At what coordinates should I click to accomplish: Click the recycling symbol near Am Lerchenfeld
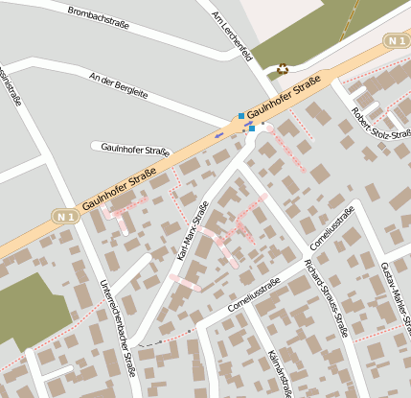pos(283,68)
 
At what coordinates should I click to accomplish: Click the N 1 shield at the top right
pos(397,40)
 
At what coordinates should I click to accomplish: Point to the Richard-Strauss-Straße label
pos(325,297)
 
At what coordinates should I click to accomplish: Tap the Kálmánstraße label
pos(280,369)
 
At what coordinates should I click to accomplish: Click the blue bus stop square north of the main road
pos(241,116)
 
